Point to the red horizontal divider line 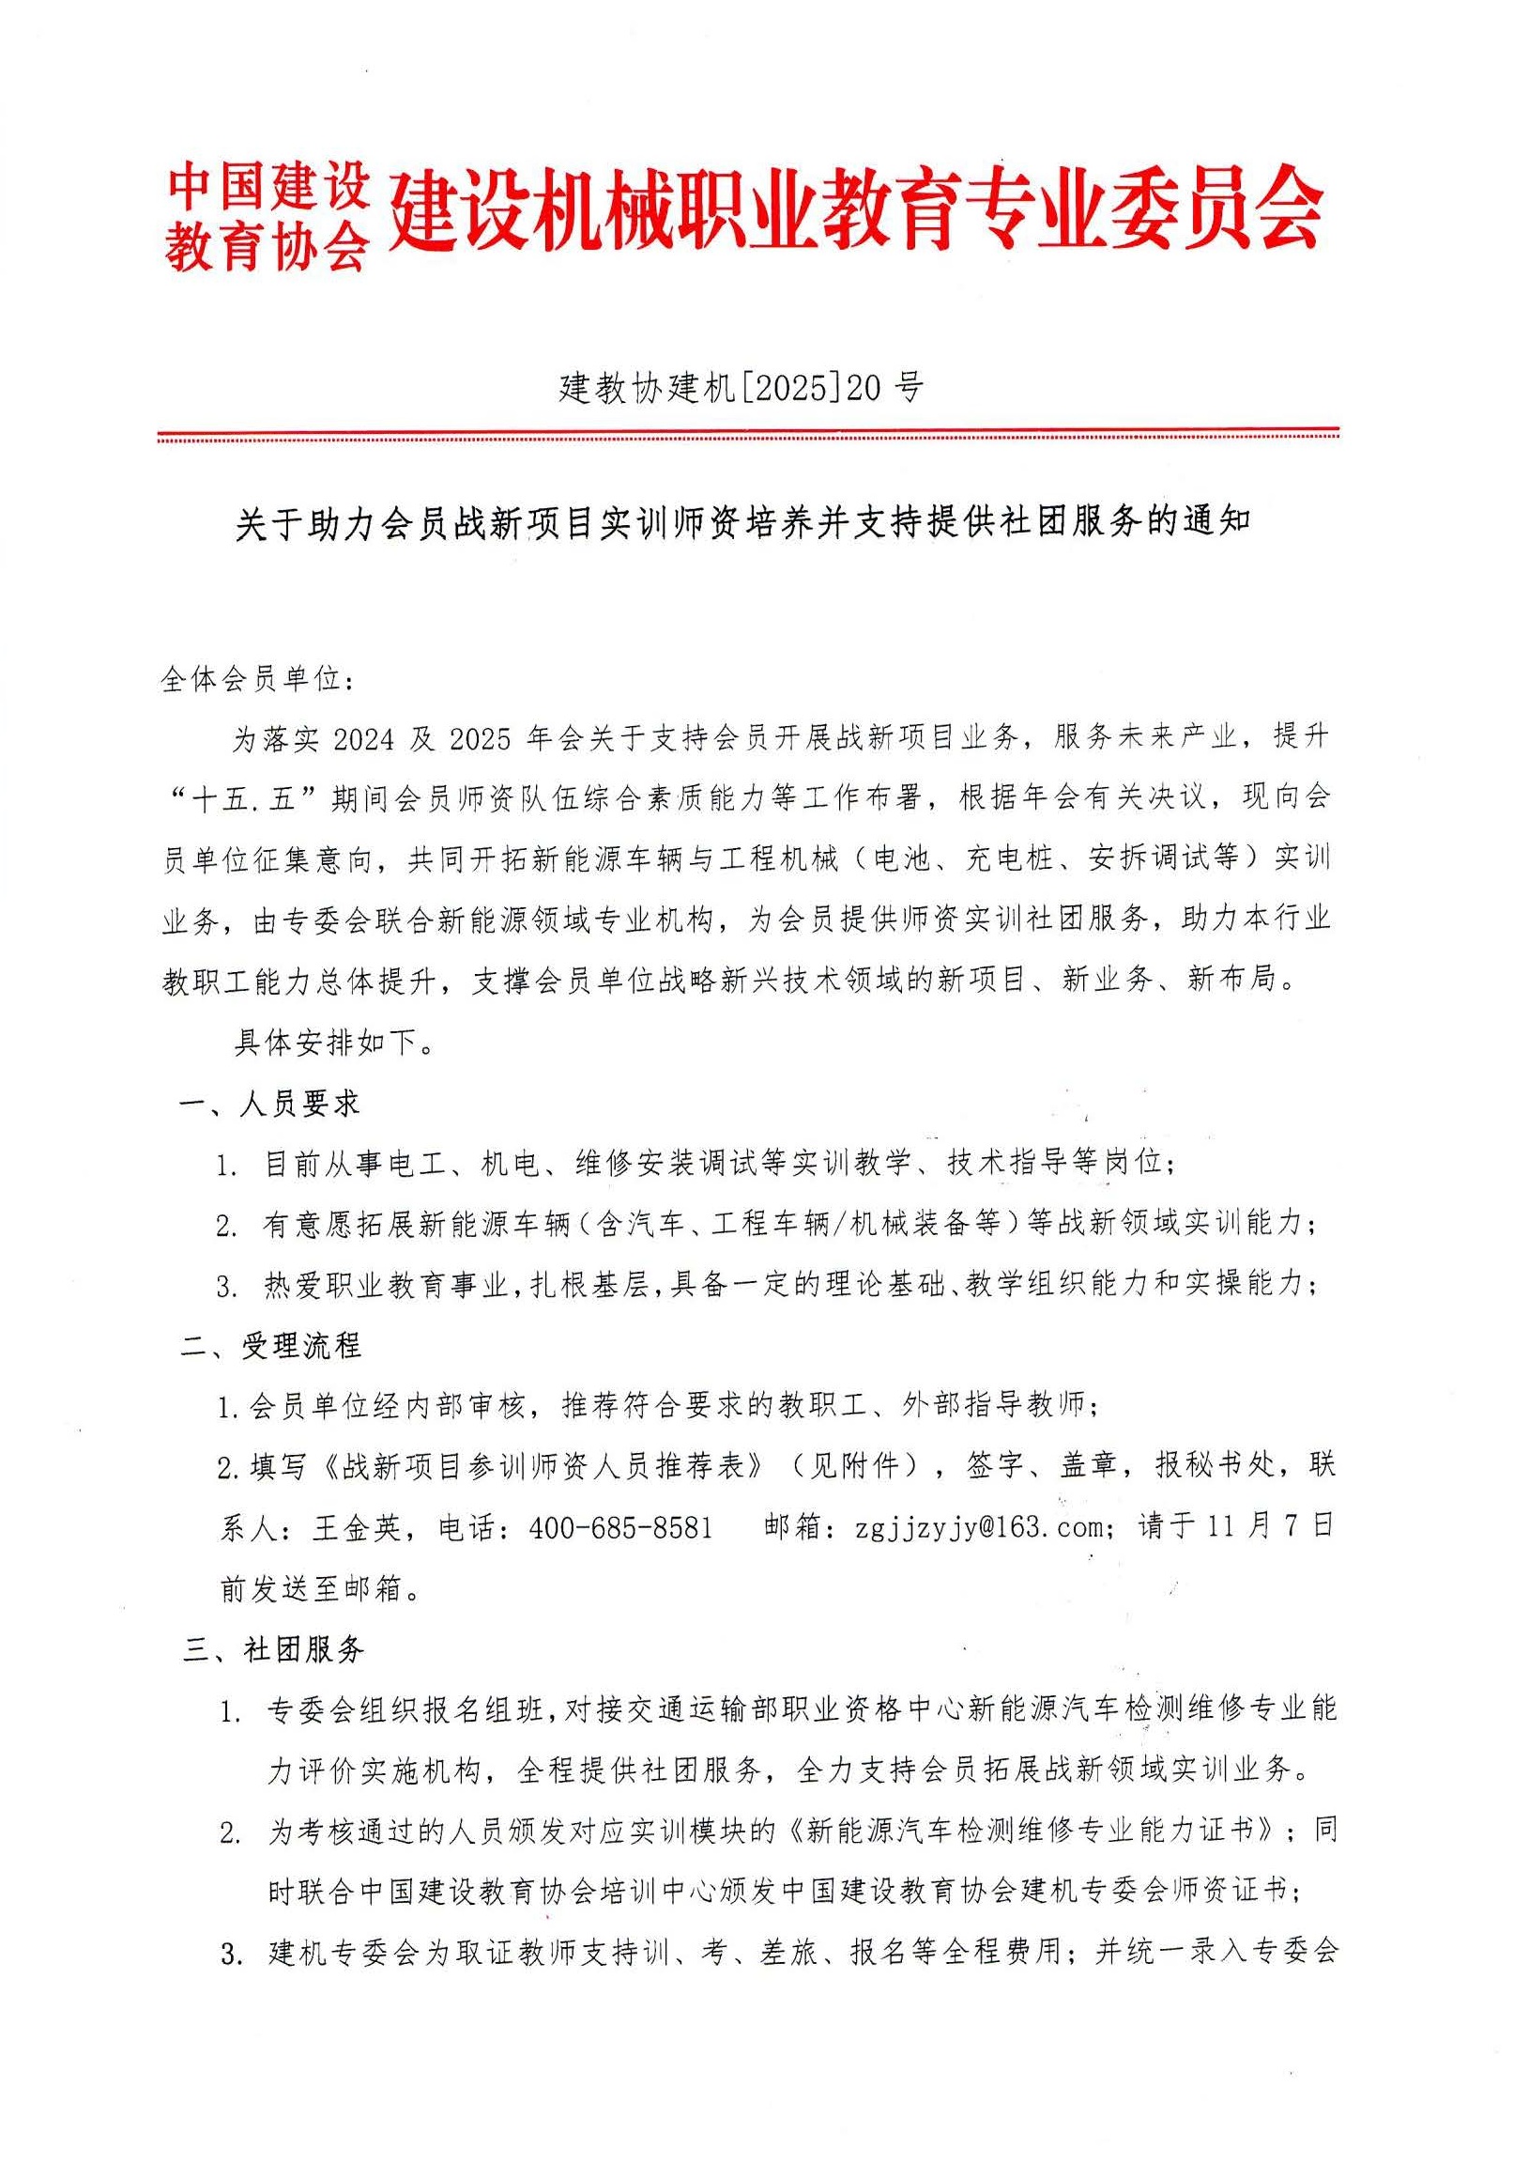click(748, 436)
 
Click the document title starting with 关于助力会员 click(743, 521)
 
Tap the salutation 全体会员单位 click(254, 679)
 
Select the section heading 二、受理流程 click(272, 1346)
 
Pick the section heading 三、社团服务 click(274, 1648)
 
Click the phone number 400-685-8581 click(620, 1528)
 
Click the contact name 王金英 click(356, 1528)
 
